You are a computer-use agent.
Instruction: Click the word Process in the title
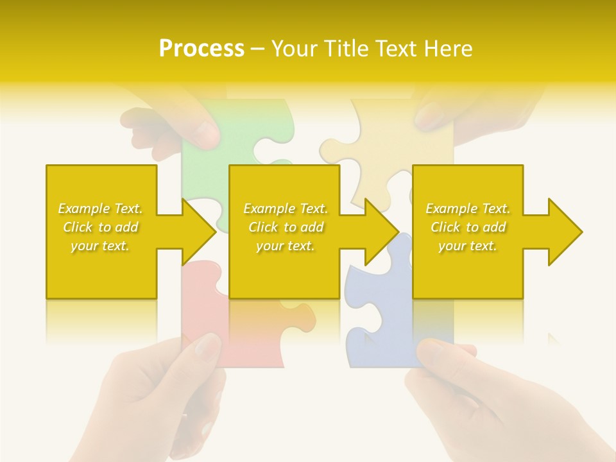point(201,49)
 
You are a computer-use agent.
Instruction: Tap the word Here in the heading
point(449,49)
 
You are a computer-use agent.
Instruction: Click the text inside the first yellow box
point(101,227)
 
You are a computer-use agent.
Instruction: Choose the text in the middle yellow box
point(286,227)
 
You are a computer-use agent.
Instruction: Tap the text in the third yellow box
point(468,227)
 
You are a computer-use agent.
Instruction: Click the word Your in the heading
point(293,49)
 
